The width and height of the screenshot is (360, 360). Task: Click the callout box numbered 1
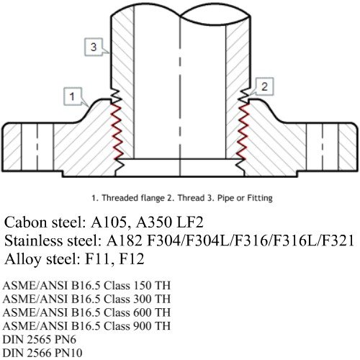pos(73,96)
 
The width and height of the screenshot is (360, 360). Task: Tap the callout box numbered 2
pos(264,86)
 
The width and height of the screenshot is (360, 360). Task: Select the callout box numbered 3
pos(94,47)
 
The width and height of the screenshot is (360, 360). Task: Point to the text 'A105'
pos(108,222)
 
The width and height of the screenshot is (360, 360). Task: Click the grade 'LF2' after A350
pos(190,222)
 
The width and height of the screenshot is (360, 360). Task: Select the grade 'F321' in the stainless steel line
pos(338,240)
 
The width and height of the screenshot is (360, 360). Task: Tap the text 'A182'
pos(125,240)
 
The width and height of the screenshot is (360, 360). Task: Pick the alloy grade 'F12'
pos(132,259)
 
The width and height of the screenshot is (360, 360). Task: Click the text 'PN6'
pos(66,340)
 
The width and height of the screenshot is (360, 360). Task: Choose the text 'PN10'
pos(68,353)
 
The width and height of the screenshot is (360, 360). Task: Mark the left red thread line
pos(117,131)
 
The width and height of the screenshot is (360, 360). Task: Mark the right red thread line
pos(243,131)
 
